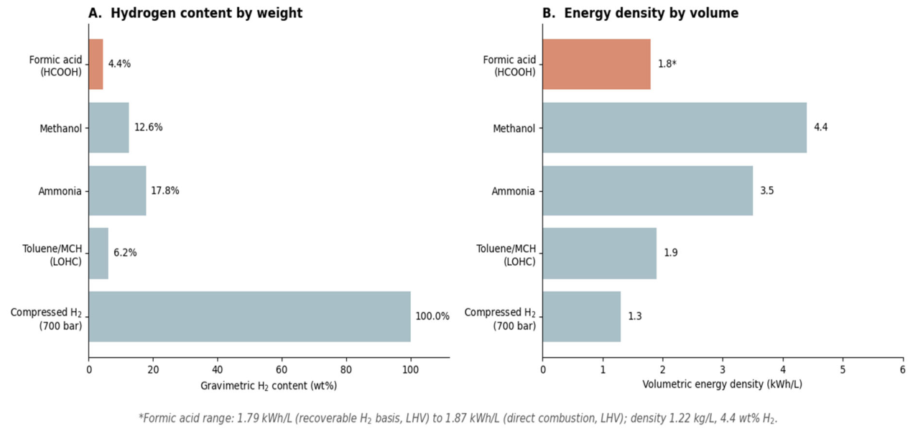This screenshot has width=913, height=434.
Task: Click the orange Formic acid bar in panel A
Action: (x=96, y=64)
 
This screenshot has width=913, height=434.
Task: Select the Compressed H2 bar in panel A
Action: (x=249, y=317)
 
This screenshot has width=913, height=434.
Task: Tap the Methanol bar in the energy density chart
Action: (x=675, y=128)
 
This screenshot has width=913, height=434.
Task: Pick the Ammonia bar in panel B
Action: (x=648, y=190)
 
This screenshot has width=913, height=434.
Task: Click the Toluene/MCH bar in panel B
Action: (x=600, y=254)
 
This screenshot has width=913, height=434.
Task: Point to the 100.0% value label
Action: (x=432, y=317)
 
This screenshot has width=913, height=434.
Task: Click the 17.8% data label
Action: (x=165, y=191)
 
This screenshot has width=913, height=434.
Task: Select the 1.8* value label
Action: (x=667, y=64)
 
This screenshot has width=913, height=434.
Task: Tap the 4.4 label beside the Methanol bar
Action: (x=821, y=127)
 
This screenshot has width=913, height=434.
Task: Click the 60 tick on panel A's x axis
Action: (x=282, y=370)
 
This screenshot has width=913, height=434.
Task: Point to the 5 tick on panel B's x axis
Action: (x=843, y=370)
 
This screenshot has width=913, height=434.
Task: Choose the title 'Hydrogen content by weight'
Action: (x=207, y=13)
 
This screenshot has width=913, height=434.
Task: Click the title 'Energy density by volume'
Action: (x=652, y=13)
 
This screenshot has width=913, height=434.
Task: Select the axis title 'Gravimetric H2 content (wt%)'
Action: (x=269, y=386)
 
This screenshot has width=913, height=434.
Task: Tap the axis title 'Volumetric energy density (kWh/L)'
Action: (x=722, y=384)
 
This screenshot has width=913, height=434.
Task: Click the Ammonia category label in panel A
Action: (x=60, y=191)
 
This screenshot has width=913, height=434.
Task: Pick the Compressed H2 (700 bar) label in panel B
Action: (x=500, y=319)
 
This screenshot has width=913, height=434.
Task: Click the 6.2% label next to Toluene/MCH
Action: (x=125, y=253)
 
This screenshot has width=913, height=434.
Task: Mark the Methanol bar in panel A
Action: (x=108, y=128)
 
